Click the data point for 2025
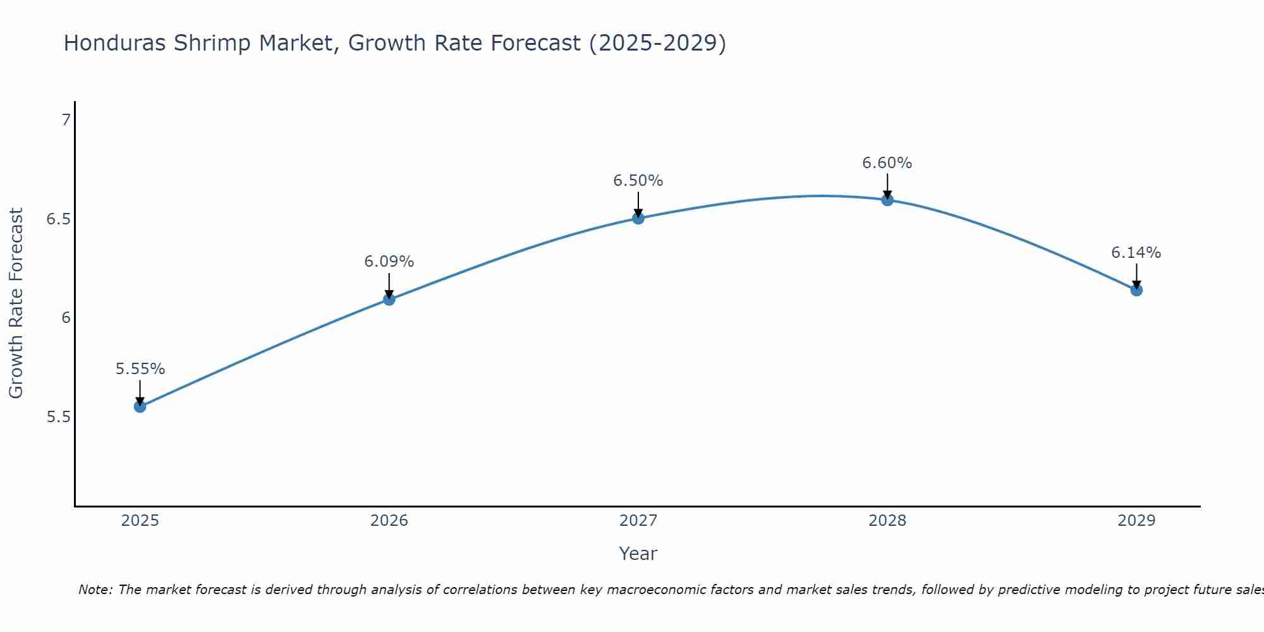pos(140,406)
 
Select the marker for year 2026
pos(389,299)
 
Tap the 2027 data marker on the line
pos(638,218)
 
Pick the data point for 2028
pos(887,200)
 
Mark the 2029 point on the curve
pos(1136,290)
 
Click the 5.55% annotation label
pos(140,369)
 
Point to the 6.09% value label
pos(389,262)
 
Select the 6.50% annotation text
pos(638,181)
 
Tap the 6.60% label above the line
pos(887,163)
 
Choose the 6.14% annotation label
pos(1136,253)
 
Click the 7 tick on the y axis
pos(66,119)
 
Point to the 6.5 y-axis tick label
pos(58,219)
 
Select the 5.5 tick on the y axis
pos(58,417)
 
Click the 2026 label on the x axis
pos(389,521)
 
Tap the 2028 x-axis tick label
pos(887,521)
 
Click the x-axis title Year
pos(638,554)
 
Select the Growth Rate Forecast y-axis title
pos(16,303)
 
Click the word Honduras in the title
pos(116,43)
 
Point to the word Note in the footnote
pos(95,590)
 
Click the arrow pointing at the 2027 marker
pos(638,204)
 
